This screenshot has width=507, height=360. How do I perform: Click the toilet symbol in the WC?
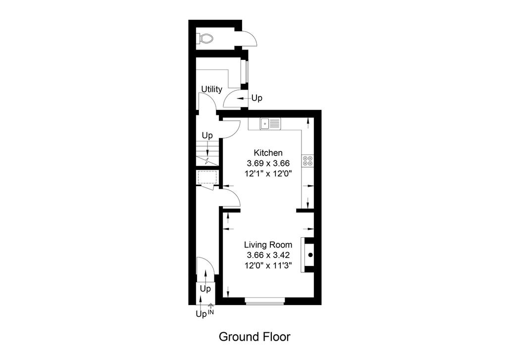click(x=205, y=39)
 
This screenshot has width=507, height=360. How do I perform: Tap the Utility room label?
click(x=212, y=89)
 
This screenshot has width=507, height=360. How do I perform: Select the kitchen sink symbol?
click(x=271, y=124)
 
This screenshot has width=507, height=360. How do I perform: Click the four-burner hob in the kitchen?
click(x=307, y=161)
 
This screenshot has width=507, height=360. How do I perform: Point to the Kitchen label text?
click(x=268, y=153)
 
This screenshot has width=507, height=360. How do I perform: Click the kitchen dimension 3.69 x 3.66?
click(x=268, y=163)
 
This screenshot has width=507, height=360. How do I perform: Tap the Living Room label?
click(x=268, y=245)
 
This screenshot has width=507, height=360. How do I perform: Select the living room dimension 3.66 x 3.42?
click(x=268, y=255)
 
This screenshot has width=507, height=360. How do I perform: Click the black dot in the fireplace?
click(x=310, y=255)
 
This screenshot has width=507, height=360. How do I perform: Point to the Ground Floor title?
click(x=254, y=337)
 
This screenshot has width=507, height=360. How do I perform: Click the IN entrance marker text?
click(x=210, y=312)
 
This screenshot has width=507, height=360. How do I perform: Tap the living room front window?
click(x=265, y=301)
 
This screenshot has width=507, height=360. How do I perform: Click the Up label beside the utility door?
click(x=257, y=98)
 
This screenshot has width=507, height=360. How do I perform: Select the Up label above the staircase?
click(x=207, y=135)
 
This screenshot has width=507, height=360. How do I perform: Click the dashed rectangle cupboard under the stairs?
click(x=207, y=177)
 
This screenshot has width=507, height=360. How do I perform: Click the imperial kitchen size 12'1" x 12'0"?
click(x=268, y=173)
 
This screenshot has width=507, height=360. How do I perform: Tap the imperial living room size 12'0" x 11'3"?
click(x=268, y=265)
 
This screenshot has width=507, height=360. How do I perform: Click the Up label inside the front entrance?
click(x=205, y=289)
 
